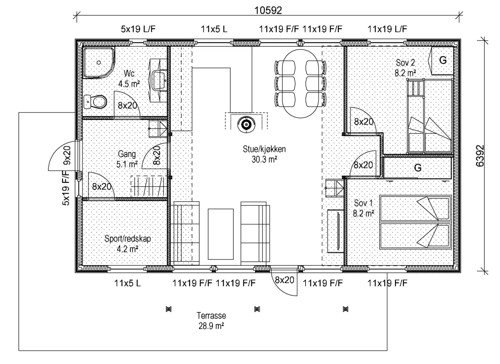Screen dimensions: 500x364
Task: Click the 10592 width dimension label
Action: tap(268, 10)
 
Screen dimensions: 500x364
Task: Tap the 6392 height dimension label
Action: tap(480, 156)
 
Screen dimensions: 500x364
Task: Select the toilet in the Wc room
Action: tap(95, 102)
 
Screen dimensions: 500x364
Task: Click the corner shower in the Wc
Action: tap(99, 62)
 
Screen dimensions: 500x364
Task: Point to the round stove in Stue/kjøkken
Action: tap(246, 124)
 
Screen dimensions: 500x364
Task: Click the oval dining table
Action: tap(300, 84)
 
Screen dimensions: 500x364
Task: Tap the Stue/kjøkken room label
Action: tap(264, 154)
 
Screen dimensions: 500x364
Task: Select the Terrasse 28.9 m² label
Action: tap(211, 321)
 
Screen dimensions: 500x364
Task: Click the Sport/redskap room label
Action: tap(127, 243)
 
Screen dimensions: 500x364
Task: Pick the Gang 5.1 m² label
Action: tap(127, 159)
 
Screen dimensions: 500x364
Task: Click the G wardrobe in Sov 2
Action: tap(442, 61)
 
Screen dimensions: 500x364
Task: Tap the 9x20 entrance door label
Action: tap(67, 155)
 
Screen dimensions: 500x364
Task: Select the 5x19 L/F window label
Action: tap(138, 29)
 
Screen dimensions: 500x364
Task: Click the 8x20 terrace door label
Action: tap(284, 280)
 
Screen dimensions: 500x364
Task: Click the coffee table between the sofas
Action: tap(220, 234)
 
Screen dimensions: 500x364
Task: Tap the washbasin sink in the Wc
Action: tap(159, 80)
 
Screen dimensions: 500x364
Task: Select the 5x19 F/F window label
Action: tap(66, 188)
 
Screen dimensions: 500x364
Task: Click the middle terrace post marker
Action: tap(257, 309)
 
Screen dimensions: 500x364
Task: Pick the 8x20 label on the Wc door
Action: tap(127, 105)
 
